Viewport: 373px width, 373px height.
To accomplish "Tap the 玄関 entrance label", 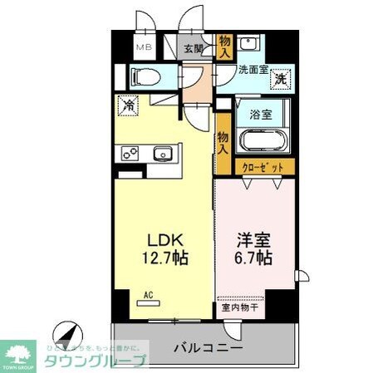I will [x=194, y=48].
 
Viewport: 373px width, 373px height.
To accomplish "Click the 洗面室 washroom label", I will [x=253, y=71].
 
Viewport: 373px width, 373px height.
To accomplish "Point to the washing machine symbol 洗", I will [x=282, y=80].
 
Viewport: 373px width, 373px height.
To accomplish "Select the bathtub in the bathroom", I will [x=263, y=139].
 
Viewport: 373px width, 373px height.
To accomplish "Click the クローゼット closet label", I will [x=265, y=167].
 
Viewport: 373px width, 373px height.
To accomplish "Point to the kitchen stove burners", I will [x=131, y=153].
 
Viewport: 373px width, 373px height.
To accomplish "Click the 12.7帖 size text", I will [x=165, y=257].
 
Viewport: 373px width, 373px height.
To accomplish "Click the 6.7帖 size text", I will [x=252, y=258].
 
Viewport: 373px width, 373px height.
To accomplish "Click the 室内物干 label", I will [x=240, y=308].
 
